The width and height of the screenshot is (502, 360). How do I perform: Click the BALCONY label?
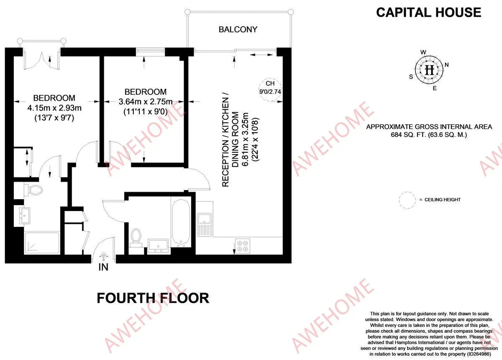pyautogui.click(x=238, y=29)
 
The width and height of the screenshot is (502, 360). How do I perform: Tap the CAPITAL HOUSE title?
pyautogui.click(x=428, y=12)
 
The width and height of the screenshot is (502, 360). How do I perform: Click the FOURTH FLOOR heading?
pyautogui.click(x=153, y=298)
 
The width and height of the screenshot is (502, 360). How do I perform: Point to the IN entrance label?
pyautogui.click(x=103, y=267)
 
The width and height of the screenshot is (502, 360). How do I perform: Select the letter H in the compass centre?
pyautogui.click(x=430, y=70)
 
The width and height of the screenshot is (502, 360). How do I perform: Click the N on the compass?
pyautogui.click(x=447, y=65)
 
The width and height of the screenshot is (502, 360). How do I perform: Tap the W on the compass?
pyautogui.click(x=423, y=52)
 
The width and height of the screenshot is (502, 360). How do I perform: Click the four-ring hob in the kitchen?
pyautogui.click(x=243, y=246)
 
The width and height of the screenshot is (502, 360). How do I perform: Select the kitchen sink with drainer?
pyautogui.click(x=205, y=225)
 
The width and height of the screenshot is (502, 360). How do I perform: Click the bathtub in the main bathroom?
pyautogui.click(x=181, y=221)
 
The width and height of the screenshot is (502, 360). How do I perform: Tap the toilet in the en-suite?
pyautogui.click(x=33, y=190)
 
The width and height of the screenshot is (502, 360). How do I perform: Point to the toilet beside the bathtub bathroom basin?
pyautogui.click(x=136, y=238)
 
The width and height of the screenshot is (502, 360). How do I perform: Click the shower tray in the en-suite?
pyautogui.click(x=42, y=243)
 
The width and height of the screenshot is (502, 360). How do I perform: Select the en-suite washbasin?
pyautogui.click(x=24, y=216)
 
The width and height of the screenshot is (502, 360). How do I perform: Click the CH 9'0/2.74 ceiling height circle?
pyautogui.click(x=270, y=90)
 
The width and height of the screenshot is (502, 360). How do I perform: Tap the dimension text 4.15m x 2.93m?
pyautogui.click(x=54, y=108)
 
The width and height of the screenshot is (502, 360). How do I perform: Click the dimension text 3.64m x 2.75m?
pyautogui.click(x=146, y=102)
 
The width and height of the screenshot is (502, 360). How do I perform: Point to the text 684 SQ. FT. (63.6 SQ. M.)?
pyautogui.click(x=429, y=135)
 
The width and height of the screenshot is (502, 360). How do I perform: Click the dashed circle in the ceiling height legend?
pyautogui.click(x=407, y=200)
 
